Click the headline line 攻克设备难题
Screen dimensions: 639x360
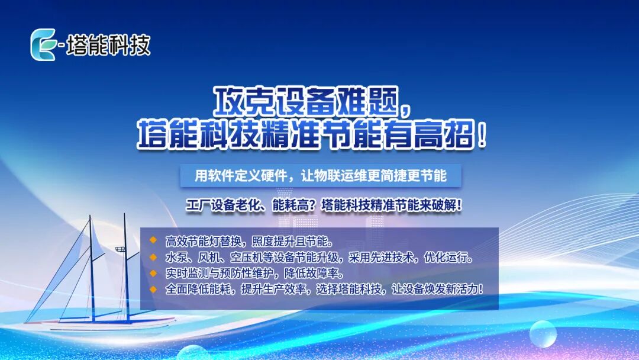[306, 101]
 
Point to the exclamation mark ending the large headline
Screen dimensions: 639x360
[483, 134]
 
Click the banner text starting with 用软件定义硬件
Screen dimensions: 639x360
[321, 176]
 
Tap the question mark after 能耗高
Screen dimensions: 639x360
[314, 205]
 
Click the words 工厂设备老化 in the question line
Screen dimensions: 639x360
[222, 205]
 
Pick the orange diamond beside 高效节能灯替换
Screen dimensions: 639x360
[153, 240]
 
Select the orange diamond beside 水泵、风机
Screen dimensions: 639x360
[153, 257]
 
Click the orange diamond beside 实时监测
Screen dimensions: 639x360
[153, 273]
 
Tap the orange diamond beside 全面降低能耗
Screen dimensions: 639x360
[153, 289]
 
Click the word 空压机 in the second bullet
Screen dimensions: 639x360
[247, 257]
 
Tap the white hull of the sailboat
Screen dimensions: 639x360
[102, 324]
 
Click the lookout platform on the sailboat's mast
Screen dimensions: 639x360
[120, 249]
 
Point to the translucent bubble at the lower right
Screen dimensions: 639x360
[543, 334]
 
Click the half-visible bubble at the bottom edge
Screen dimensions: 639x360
[193, 353]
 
